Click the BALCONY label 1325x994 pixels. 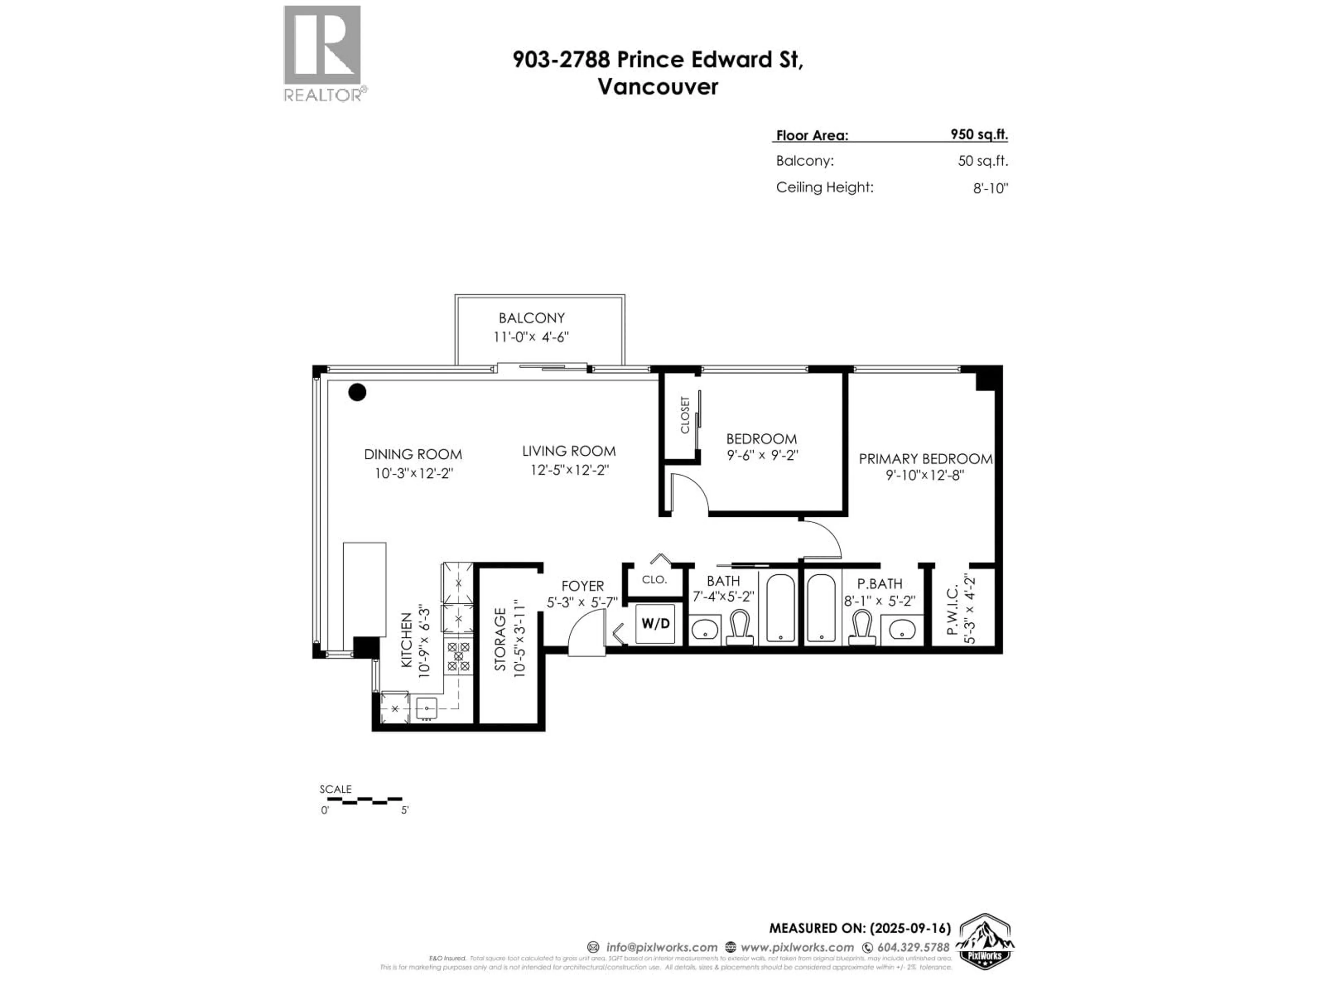point(531,318)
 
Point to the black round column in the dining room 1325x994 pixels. point(357,392)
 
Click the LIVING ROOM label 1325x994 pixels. point(568,451)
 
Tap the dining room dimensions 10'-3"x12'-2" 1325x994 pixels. point(413,473)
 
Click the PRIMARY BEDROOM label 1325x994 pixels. point(925,459)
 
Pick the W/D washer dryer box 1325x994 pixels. point(655,624)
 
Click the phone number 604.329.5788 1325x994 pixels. point(913,947)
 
